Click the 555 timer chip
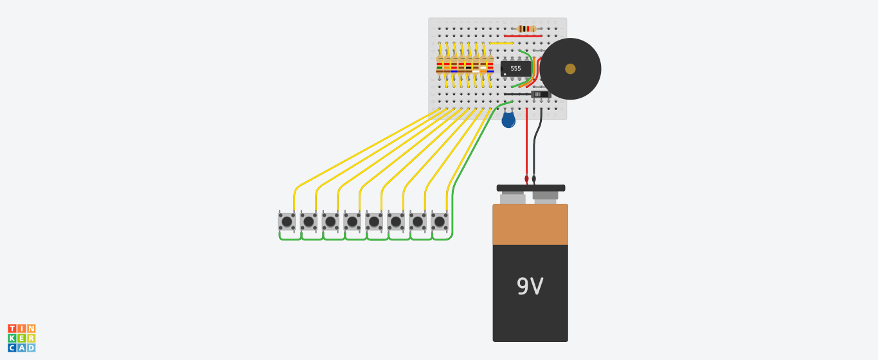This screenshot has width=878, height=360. click(x=515, y=69)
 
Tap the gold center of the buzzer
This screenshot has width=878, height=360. click(x=570, y=69)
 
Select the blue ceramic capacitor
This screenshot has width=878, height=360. click(x=508, y=120)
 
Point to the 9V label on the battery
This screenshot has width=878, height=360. click(x=530, y=286)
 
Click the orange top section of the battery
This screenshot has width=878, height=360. click(x=530, y=224)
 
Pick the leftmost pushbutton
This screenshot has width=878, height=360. click(x=287, y=222)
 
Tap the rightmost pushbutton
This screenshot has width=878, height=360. click(x=440, y=222)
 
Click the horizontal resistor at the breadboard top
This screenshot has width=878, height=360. click(x=527, y=29)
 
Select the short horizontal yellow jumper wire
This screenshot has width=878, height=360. click(x=501, y=43)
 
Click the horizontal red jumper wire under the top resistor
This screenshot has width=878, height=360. click(x=523, y=36)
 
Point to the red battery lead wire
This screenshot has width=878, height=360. click(x=526, y=145)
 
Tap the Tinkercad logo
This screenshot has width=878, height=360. click(x=22, y=338)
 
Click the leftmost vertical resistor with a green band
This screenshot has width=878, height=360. click(x=440, y=65)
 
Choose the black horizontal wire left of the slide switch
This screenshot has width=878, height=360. click(x=517, y=94)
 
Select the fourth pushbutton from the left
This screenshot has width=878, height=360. click(x=352, y=222)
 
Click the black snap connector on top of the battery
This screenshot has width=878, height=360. click(x=531, y=188)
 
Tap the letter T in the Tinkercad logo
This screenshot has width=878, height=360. click(x=12, y=328)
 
